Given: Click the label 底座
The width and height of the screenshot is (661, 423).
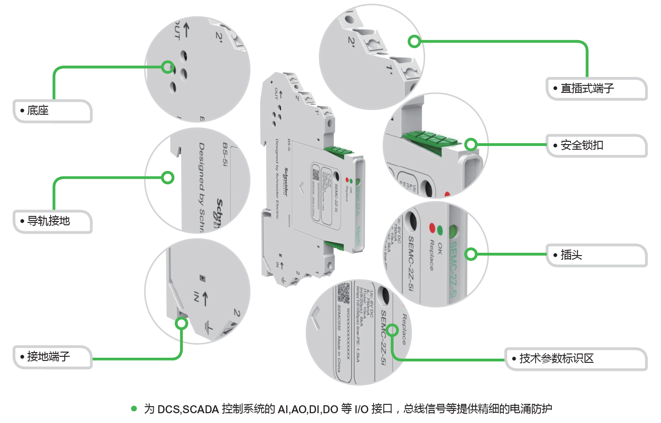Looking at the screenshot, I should pos(38,111).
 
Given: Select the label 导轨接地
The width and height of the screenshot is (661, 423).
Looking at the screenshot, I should pos(48,221).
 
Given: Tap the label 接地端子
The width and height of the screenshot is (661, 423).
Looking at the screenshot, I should pos(48,357).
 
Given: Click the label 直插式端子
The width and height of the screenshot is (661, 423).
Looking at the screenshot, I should pos(587,89).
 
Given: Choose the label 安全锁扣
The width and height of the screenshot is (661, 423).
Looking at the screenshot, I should pos(581,146).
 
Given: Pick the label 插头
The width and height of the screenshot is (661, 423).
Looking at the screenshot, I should pos(571,255).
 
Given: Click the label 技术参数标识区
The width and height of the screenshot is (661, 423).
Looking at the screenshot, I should pos(556,359).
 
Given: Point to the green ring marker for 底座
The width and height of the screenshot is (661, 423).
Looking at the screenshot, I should pos(168,67).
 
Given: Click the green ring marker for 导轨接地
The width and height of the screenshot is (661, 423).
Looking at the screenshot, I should pos(168,178).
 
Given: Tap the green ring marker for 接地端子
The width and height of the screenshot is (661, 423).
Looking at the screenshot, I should pos(181,324).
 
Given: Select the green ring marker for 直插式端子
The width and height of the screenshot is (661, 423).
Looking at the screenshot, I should pos(414,42).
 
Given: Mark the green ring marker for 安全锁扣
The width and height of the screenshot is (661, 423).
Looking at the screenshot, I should pos(471,145).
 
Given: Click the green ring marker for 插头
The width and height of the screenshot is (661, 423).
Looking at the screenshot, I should pos(471,254).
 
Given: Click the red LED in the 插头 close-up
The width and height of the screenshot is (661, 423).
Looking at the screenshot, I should pos(432,228).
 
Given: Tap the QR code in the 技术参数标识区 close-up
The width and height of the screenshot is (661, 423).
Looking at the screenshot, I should pos(344,292).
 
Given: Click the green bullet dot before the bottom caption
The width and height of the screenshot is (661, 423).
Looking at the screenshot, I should pos(134,409).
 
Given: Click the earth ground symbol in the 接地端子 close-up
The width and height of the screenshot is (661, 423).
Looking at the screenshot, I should pos(208,328).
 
